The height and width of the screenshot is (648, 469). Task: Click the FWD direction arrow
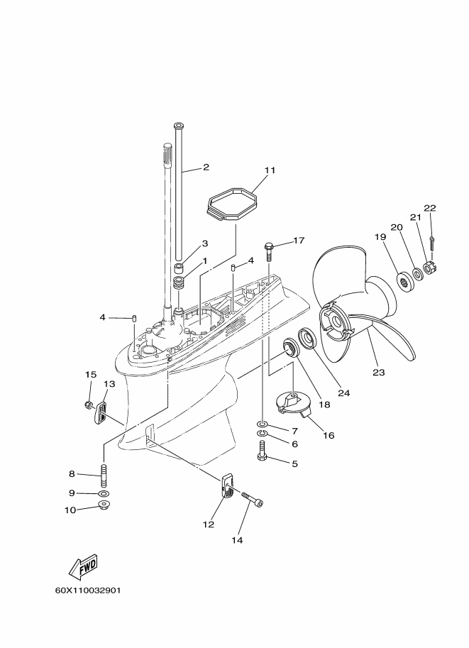point(82,567)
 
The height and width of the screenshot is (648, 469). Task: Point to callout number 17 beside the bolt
point(298,241)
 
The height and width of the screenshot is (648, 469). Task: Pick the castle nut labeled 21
point(428,269)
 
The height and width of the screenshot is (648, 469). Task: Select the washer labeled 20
point(416,273)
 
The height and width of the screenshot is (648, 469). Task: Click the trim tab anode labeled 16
point(290,405)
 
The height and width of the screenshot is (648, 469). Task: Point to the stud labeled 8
point(104,474)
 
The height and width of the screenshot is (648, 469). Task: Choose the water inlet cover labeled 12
point(226,486)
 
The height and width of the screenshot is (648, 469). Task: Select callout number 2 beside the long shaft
point(206,168)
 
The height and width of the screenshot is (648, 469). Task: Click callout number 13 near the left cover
point(109,384)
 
